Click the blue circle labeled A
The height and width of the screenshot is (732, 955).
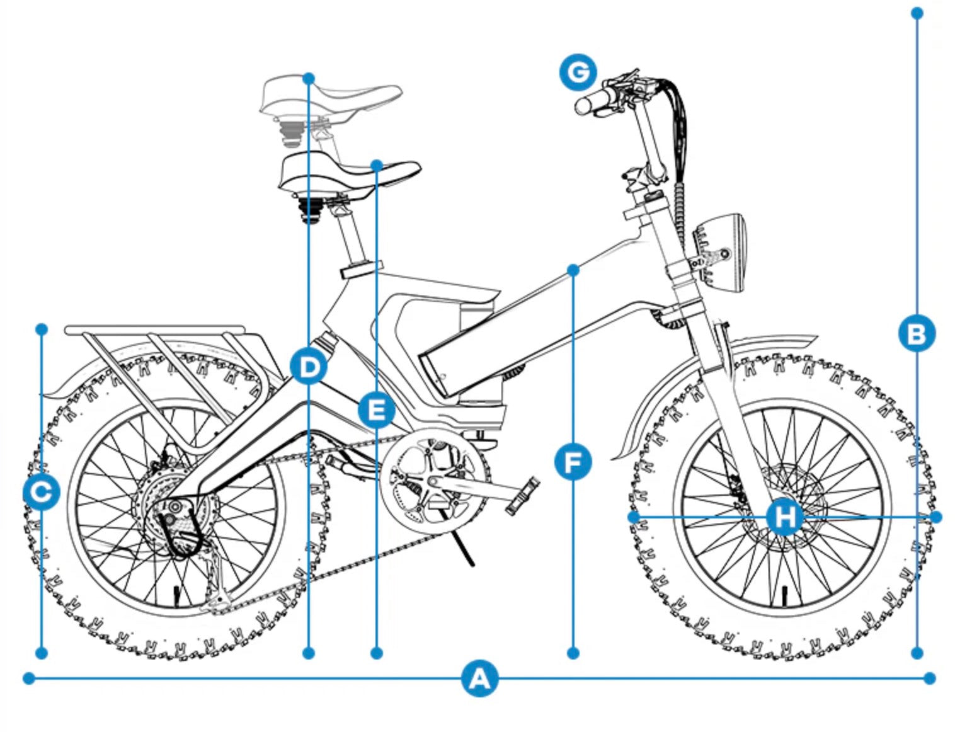(479, 678)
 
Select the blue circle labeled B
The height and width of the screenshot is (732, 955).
(917, 333)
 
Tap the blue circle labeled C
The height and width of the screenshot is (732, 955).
(42, 493)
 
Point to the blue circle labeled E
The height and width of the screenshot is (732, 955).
(376, 411)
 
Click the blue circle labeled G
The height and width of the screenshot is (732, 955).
(578, 72)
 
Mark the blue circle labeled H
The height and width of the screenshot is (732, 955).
(784, 517)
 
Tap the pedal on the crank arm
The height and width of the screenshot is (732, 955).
(523, 495)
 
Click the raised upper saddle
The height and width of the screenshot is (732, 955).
(331, 98)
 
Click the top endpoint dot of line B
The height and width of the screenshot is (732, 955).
(917, 13)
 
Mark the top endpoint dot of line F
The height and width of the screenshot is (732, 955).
(573, 270)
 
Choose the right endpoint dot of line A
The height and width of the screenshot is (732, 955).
(930, 678)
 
